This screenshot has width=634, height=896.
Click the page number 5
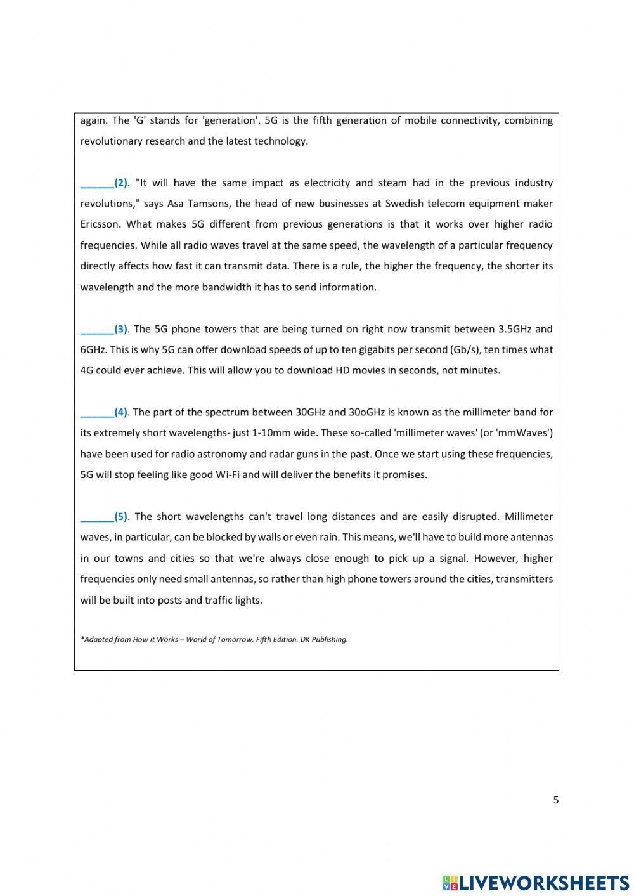point(556,800)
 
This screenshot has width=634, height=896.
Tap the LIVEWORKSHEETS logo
point(536,882)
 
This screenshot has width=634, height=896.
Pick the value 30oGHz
point(366,412)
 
